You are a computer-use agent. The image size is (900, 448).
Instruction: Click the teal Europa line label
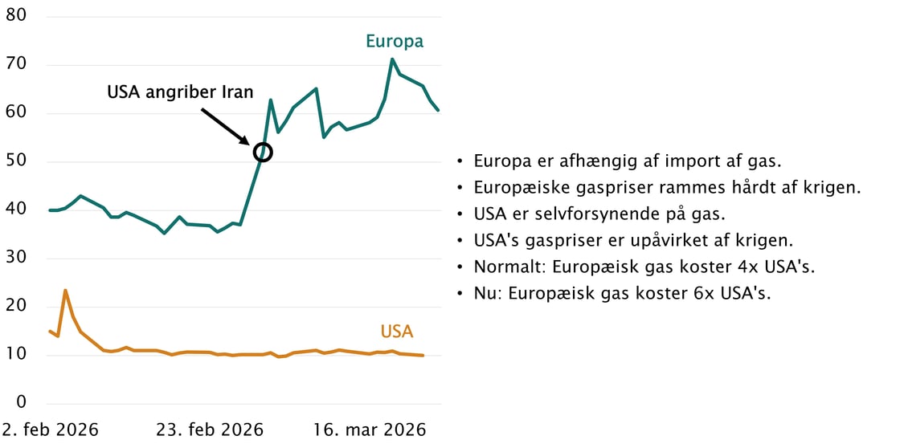[x=394, y=41]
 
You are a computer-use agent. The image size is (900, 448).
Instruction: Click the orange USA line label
[x=397, y=331]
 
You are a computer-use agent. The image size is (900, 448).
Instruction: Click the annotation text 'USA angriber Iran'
[x=180, y=92]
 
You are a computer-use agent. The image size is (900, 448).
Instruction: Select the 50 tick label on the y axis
[x=17, y=161]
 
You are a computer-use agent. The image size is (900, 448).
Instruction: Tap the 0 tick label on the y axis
[x=22, y=402]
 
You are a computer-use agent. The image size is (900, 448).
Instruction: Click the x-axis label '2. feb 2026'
[x=50, y=430]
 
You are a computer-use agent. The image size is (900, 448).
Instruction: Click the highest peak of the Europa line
[x=392, y=59]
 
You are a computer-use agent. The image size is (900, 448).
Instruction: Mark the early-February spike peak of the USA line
[x=65, y=290]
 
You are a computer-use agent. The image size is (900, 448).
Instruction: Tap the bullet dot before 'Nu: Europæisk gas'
[x=460, y=294]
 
